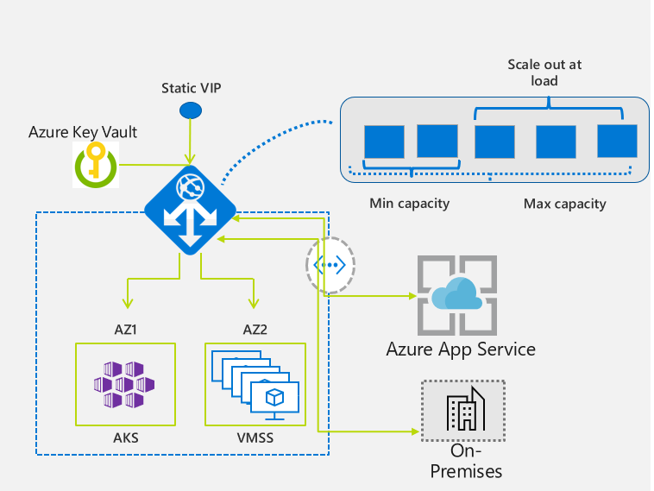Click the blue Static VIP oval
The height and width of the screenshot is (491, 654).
tap(191, 110)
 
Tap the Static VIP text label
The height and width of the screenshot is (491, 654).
tap(192, 88)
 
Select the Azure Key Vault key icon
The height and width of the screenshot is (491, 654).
tap(96, 165)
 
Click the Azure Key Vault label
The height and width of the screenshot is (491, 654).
tap(83, 132)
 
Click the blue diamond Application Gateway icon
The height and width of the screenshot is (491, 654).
tap(190, 210)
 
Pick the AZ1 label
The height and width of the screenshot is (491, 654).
tap(126, 330)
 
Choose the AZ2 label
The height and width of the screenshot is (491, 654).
tap(255, 330)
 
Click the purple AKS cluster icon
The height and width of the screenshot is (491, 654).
tap(124, 384)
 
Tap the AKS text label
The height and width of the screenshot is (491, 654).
tap(126, 437)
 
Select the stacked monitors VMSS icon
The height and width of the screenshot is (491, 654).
tap(255, 385)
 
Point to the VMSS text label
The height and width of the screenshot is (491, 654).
tap(255, 437)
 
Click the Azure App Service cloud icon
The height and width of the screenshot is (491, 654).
tap(457, 295)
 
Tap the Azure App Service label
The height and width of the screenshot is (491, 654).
tap(461, 349)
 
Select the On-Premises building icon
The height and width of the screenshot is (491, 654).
tap(463, 411)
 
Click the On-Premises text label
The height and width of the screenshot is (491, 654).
tap(466, 461)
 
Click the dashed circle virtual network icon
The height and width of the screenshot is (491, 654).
tap(330, 265)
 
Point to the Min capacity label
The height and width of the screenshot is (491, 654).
tap(410, 204)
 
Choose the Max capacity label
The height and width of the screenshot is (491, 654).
tap(565, 204)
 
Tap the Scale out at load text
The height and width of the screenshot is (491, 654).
tap(544, 72)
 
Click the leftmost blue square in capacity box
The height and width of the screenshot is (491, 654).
tap(384, 142)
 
